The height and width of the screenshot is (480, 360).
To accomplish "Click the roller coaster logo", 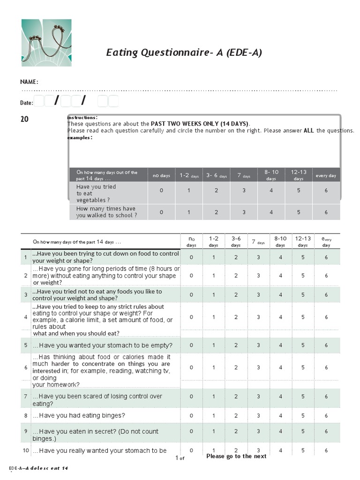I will [x=46, y=43].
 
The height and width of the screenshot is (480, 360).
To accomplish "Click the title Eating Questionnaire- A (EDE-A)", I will [x=184, y=52].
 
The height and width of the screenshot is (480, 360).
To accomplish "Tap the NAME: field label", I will [x=29, y=82].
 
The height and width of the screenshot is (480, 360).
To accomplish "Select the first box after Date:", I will [x=38, y=101].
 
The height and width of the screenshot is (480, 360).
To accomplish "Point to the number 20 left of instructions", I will [x=24, y=119].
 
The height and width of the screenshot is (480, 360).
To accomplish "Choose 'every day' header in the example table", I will [x=326, y=176].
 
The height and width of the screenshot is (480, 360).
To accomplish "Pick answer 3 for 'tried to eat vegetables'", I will [x=244, y=191].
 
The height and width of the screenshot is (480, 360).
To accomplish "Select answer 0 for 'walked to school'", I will [x=161, y=212].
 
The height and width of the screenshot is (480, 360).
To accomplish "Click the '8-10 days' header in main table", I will [x=280, y=241].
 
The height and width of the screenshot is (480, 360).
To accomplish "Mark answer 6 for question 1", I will [x=326, y=257].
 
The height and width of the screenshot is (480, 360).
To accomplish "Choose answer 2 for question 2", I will [x=236, y=276].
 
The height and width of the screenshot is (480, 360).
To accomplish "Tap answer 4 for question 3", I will [x=280, y=295].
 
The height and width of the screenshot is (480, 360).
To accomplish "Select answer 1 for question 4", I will [x=214, y=317].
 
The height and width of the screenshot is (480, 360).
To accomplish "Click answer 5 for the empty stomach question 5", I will [x=303, y=345].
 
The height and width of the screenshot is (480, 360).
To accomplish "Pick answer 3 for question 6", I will [x=258, y=367].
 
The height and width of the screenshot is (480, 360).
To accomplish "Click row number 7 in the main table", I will [x=26, y=397].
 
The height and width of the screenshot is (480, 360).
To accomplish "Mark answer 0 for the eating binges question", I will [x=191, y=416].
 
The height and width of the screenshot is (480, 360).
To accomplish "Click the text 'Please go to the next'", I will [x=236, y=456].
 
